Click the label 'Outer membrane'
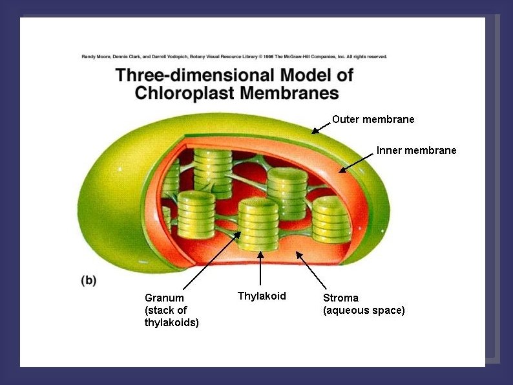click(373, 120)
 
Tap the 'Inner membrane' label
click(416, 151)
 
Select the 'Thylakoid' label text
click(262, 296)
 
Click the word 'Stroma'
click(340, 298)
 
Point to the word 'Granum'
click(164, 298)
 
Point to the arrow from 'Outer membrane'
click(320, 127)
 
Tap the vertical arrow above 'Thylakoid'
click(260, 269)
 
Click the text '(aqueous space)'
click(364, 311)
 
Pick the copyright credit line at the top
click(234, 57)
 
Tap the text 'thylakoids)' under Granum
click(171, 322)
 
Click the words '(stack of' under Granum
click(165, 310)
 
